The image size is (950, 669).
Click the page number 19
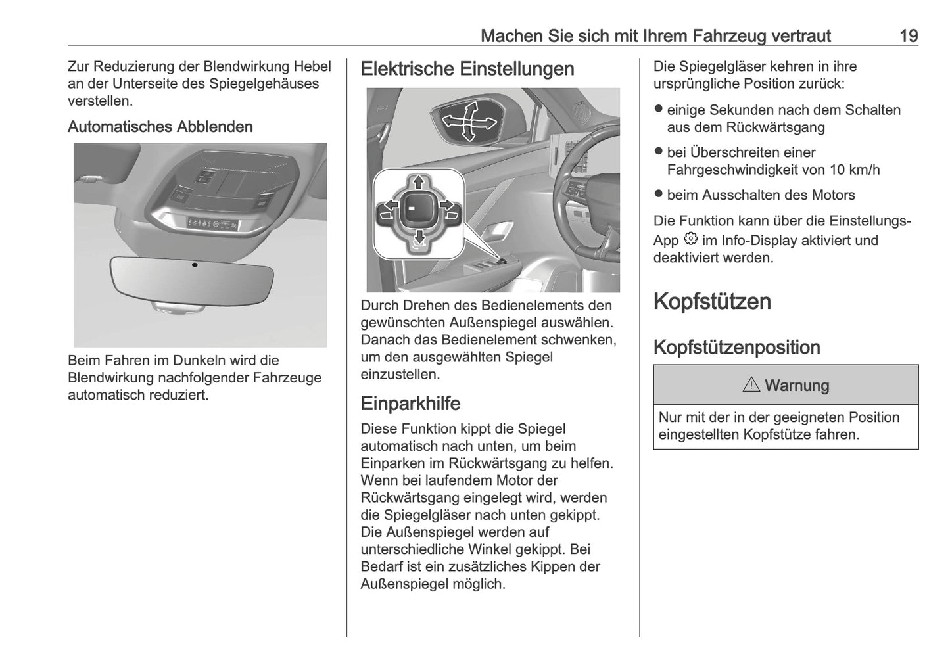(908, 35)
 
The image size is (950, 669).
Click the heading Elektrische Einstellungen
(467, 69)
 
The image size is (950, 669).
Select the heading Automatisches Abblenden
(160, 127)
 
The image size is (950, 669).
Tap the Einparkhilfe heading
(410, 404)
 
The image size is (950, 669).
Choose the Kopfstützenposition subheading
(736, 348)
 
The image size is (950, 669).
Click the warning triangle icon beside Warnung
(751, 385)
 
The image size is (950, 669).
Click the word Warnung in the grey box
(797, 386)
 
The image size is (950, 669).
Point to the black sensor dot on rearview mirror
(195, 264)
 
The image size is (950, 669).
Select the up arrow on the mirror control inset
(417, 182)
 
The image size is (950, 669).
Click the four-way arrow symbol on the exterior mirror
(468, 121)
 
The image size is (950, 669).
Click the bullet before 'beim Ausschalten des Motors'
(658, 195)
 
